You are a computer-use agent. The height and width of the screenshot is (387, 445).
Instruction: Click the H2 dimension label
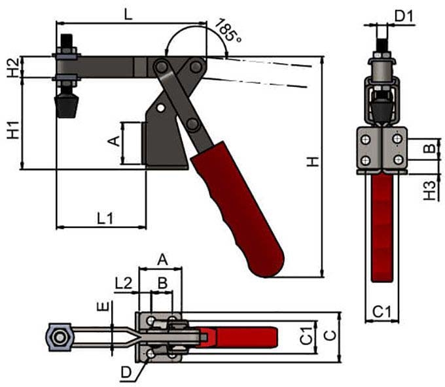tap(12, 67)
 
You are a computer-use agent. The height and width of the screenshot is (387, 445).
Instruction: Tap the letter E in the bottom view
tap(99, 307)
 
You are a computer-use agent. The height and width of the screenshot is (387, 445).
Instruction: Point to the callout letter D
tap(126, 373)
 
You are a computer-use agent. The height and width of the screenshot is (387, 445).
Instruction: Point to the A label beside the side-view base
tap(111, 140)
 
